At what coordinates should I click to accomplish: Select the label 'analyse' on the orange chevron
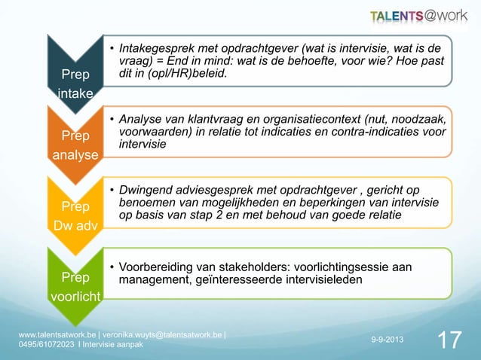point(75,155)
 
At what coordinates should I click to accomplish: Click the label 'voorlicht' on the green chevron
point(75,296)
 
